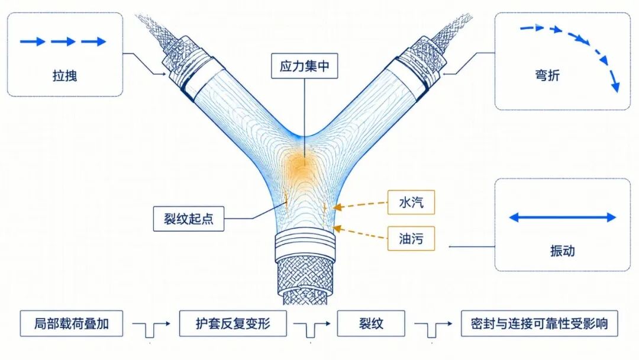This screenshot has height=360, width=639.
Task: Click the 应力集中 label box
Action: [305, 66]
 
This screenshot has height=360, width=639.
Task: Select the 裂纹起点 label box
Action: [189, 219]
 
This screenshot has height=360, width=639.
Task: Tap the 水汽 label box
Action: [411, 202]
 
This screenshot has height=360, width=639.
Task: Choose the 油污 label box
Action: [411, 239]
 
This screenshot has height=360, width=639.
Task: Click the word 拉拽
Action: [65, 76]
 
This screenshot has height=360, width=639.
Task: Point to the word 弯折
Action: [547, 75]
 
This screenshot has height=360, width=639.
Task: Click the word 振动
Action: [563, 250]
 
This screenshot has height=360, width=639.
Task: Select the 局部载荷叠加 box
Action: [72, 323]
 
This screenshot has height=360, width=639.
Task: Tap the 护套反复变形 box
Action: [233, 323]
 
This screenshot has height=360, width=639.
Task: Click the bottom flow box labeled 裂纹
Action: [371, 323]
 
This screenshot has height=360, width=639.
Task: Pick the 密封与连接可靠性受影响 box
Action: [539, 323]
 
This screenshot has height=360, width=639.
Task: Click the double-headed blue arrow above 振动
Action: [563, 217]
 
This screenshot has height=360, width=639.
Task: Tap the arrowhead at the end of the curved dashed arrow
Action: [615, 87]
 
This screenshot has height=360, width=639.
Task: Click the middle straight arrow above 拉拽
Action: [63, 41]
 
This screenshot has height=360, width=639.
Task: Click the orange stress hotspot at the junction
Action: [302, 165]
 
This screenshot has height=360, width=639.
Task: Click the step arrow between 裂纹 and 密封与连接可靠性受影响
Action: [433, 328]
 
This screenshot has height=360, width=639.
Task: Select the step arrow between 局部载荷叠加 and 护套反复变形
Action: [151, 328]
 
